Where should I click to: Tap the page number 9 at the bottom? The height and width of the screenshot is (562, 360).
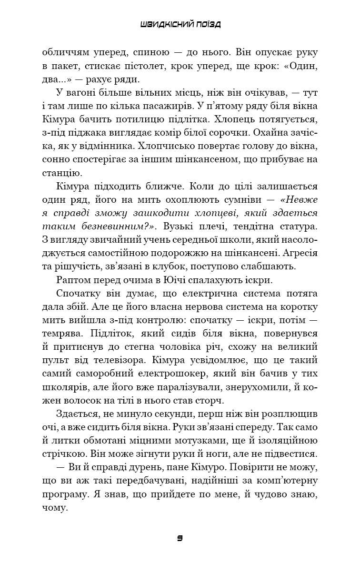(x=180, y=538)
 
